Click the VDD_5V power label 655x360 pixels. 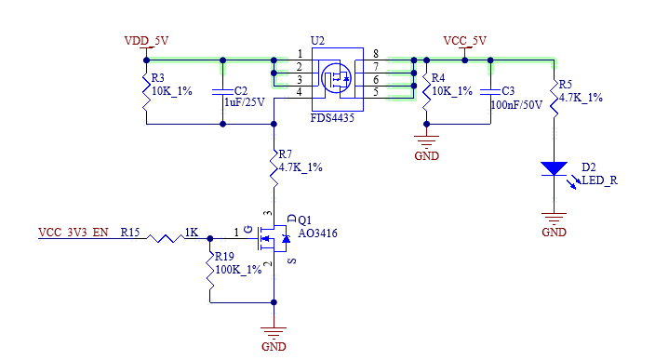click(x=146, y=41)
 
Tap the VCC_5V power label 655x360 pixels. click(x=465, y=41)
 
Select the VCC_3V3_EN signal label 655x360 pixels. click(x=74, y=233)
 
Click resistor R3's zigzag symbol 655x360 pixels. click(x=146, y=92)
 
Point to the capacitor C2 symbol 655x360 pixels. click(x=222, y=92)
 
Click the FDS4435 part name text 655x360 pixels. click(x=332, y=118)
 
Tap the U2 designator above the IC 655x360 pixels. click(x=317, y=41)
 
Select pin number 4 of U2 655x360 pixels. click(x=299, y=92)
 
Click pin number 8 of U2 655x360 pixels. click(x=376, y=53)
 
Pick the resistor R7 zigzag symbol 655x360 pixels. click(x=274, y=168)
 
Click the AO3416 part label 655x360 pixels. click(x=317, y=233)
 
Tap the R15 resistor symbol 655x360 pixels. click(x=166, y=238)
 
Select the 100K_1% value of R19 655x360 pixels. click(x=238, y=270)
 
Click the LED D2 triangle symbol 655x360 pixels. click(x=554, y=168)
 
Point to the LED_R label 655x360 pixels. click(x=599, y=180)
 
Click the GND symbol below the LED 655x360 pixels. click(x=554, y=219)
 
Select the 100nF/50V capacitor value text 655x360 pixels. click(x=516, y=105)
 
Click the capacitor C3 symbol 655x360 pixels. click(x=490, y=92)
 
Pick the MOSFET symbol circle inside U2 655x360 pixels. click(x=337, y=78)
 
